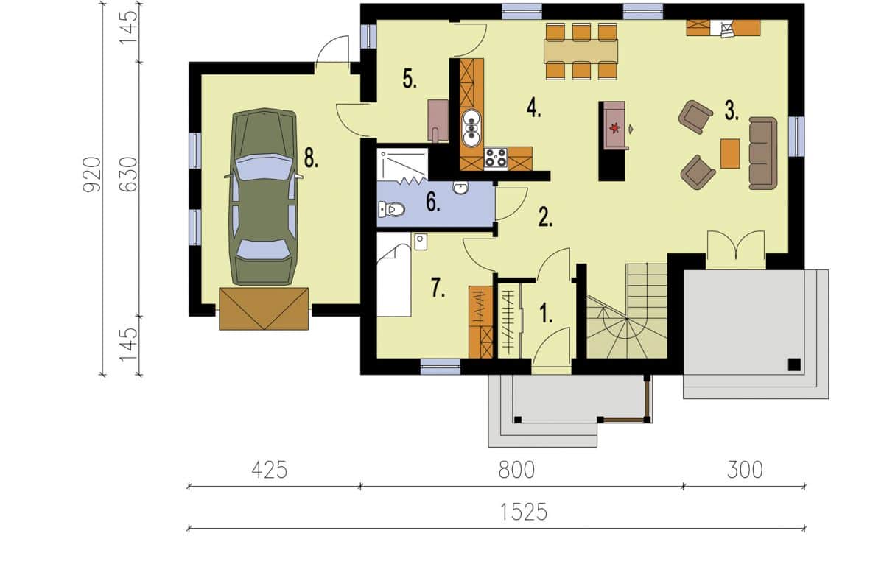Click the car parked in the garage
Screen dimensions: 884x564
264,197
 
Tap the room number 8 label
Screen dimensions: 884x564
311,159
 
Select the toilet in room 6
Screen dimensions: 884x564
391,209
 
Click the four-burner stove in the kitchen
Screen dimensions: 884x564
496,158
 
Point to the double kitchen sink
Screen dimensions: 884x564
471,128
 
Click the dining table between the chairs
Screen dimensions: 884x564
580,52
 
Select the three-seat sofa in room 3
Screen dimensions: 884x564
763,153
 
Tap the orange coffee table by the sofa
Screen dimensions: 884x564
730,153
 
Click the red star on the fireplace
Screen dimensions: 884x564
614,128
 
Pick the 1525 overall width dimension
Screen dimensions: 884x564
524,512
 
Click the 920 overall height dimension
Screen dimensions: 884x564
92,175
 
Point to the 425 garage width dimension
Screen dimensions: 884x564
270,470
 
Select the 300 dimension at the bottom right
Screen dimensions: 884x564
745,470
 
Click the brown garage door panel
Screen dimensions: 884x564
264,309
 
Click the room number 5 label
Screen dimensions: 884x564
410,78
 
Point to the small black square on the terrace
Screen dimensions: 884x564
794,364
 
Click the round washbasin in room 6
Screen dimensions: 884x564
460,187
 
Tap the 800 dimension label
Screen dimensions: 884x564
516,470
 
